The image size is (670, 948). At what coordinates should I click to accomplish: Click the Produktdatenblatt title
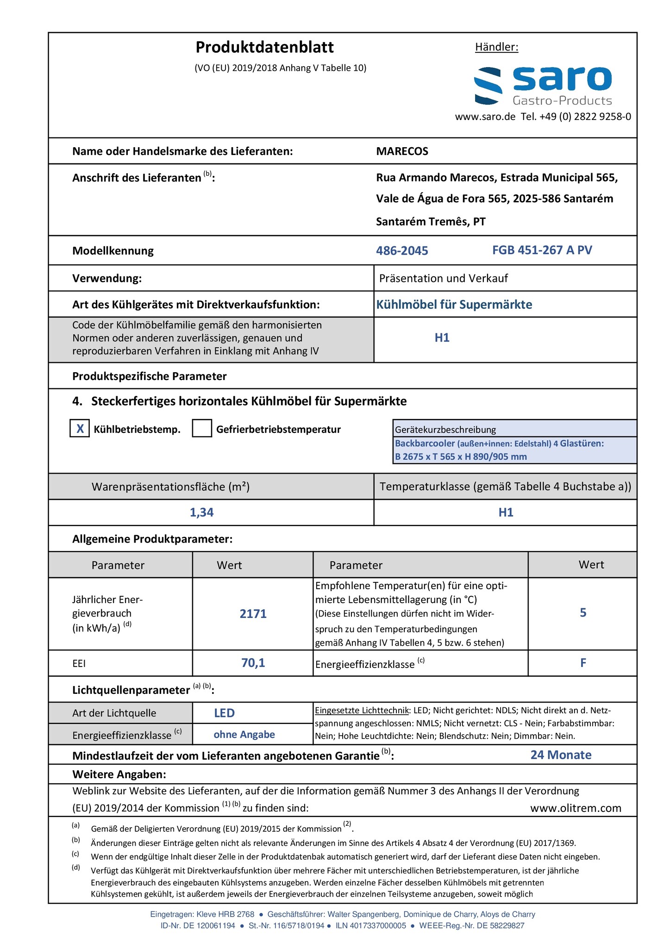tap(264, 47)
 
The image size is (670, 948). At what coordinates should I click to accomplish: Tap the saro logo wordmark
tap(562, 79)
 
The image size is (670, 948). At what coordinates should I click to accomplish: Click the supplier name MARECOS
tap(402, 151)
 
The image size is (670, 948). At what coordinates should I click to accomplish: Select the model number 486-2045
tap(402, 251)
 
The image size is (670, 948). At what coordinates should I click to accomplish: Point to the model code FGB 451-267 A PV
tap(542, 250)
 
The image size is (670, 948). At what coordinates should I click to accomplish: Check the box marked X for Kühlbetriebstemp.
tap(80, 429)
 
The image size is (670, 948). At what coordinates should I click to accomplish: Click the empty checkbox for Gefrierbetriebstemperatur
tap(202, 429)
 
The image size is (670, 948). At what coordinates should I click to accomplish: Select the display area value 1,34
tap(201, 512)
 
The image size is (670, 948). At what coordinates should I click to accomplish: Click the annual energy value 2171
tap(253, 614)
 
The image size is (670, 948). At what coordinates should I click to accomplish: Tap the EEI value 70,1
tap(253, 663)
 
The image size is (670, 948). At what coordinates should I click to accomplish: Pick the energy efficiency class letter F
tap(583, 663)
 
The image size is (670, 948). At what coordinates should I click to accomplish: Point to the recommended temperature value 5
tap(583, 613)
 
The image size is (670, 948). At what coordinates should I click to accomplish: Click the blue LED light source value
tap(224, 713)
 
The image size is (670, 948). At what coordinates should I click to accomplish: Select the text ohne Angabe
tap(244, 735)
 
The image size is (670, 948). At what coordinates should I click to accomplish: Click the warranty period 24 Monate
tap(561, 755)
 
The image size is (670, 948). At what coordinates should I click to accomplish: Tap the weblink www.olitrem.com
tap(576, 808)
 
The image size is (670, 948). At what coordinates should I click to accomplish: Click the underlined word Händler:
tap(496, 47)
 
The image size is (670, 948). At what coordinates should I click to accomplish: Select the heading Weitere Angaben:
tap(119, 774)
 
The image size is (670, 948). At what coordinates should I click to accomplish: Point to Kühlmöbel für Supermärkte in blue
tap(454, 305)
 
